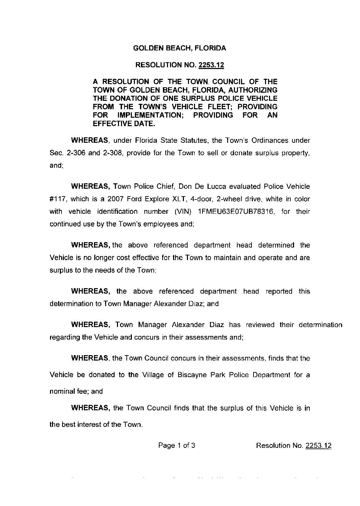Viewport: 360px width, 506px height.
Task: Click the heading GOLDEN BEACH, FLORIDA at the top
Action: coord(179,48)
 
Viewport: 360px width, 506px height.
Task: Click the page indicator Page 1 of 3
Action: coord(177,445)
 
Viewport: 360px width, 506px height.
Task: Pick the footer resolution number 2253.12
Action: coord(318,445)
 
